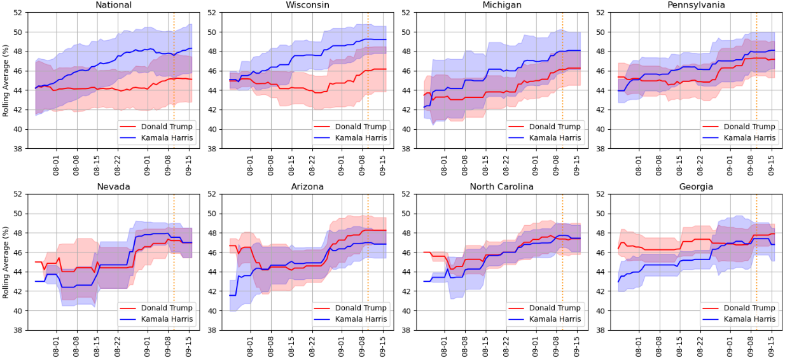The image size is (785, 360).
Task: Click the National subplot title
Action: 114,5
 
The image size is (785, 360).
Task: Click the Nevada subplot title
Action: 114,186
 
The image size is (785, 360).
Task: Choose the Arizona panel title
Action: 308,186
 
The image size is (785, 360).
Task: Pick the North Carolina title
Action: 502,186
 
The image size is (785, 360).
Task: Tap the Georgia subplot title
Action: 696,186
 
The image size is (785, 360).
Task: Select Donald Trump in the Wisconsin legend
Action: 361,127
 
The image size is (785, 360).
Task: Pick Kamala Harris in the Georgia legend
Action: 749,319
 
